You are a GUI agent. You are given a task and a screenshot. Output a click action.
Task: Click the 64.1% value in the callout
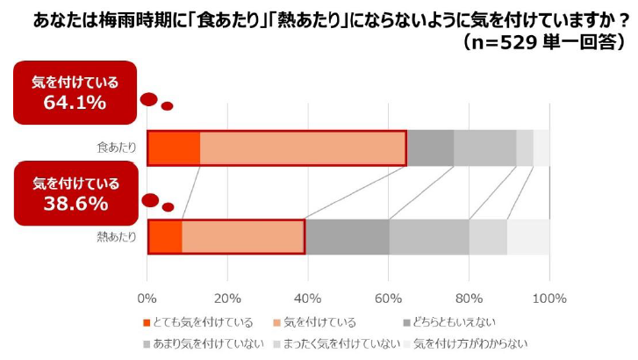point(75,102)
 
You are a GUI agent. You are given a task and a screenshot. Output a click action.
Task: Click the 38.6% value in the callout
point(75,204)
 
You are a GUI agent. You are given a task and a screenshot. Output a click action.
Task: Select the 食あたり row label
point(117,148)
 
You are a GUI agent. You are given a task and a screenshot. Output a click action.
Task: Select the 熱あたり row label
point(117,236)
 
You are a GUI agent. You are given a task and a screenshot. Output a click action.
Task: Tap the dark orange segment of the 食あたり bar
point(174,148)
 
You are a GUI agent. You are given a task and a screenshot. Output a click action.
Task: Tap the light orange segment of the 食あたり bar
point(303,148)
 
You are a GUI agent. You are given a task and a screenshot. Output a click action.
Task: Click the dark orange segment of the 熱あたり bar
point(165,236)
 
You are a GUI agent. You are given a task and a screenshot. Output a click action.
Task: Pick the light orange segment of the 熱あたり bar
point(242,236)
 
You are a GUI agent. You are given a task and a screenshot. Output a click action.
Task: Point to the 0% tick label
point(147,296)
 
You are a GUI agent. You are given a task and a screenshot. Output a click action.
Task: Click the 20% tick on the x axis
point(227,296)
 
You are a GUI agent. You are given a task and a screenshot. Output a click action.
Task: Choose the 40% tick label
point(308,296)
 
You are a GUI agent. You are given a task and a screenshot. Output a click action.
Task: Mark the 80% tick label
point(469,296)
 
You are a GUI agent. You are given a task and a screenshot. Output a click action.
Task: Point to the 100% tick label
point(548,296)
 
